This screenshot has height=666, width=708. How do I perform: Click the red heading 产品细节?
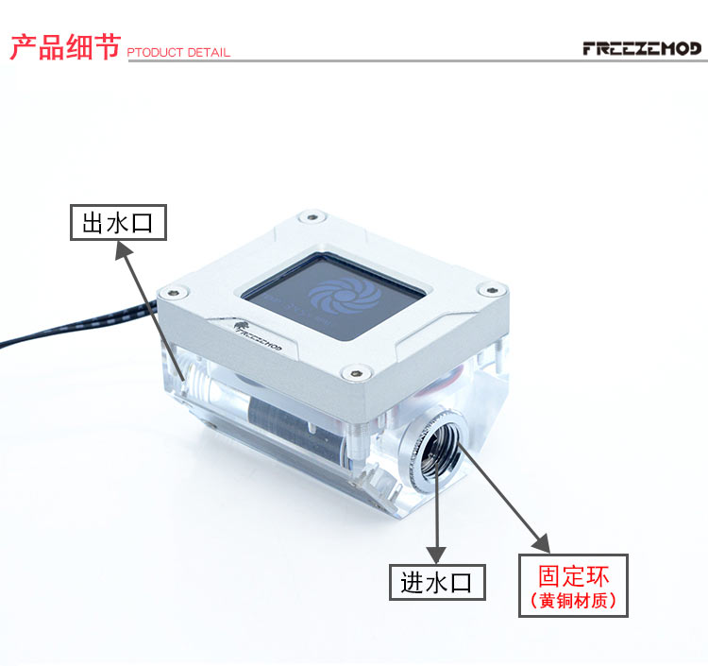[65, 47]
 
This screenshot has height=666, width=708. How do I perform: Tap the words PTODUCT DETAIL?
[178, 52]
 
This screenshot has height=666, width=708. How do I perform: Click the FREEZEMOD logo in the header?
[642, 48]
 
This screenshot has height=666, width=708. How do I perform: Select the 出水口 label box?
[118, 222]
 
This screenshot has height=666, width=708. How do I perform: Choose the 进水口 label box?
[437, 582]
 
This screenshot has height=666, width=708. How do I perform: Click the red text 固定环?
[573, 575]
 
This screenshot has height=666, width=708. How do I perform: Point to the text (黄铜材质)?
[573, 601]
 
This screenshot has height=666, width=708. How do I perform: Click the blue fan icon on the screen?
[345, 296]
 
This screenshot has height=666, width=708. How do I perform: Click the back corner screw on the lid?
[312, 217]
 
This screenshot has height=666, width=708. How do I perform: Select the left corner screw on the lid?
[175, 293]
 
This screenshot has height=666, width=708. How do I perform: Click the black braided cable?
[77, 323]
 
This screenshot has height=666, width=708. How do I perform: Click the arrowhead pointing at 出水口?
[123, 249]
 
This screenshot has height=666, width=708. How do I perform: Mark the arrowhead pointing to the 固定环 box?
[542, 544]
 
